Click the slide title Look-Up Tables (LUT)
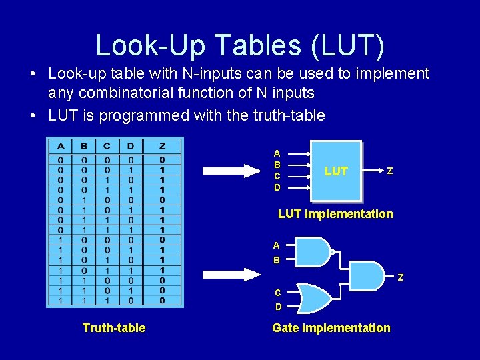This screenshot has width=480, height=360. pyautogui.click(x=240, y=45)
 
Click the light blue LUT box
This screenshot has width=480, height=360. pyautogui.click(x=336, y=171)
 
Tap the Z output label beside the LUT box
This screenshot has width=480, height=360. pyautogui.click(x=389, y=171)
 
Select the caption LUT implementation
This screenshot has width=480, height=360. pyautogui.click(x=335, y=213)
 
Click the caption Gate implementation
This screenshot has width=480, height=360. pyautogui.click(x=331, y=327)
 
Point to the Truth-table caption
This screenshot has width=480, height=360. pyautogui.click(x=114, y=327)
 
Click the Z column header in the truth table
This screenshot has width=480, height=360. pyautogui.click(x=161, y=146)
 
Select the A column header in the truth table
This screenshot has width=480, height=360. pyautogui.click(x=61, y=146)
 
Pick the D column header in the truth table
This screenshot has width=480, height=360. pyautogui.click(x=131, y=146)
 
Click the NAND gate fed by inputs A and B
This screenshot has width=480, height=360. pyautogui.click(x=312, y=251)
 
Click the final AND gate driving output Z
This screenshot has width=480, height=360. pyautogui.click(x=365, y=275)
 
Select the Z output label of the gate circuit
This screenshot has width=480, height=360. pyautogui.click(x=401, y=277)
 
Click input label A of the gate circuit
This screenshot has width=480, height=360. pyautogui.click(x=276, y=245)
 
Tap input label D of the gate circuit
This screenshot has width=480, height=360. pyautogui.click(x=278, y=307)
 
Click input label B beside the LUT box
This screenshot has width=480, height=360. pyautogui.click(x=277, y=164)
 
